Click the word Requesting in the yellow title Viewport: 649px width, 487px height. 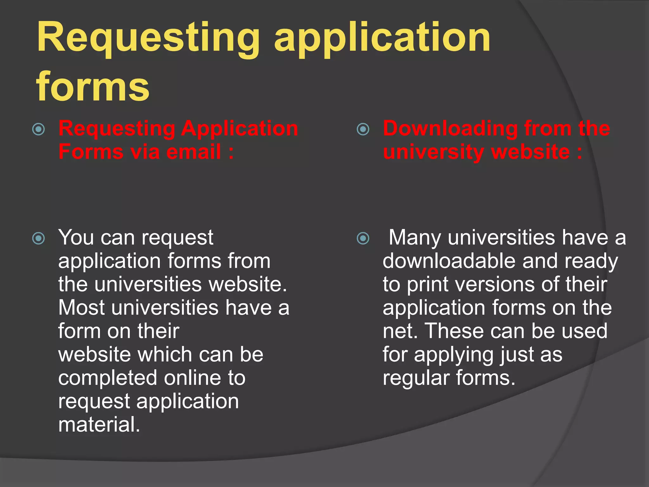148,39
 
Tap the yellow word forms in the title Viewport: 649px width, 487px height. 93,86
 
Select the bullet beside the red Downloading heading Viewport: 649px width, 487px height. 363,129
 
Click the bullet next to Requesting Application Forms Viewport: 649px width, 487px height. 39,129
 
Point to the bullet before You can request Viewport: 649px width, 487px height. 39,238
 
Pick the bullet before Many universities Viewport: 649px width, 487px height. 363,238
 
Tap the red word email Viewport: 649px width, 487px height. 194,152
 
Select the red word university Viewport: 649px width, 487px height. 433,152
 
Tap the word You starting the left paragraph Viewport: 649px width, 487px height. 76,237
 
